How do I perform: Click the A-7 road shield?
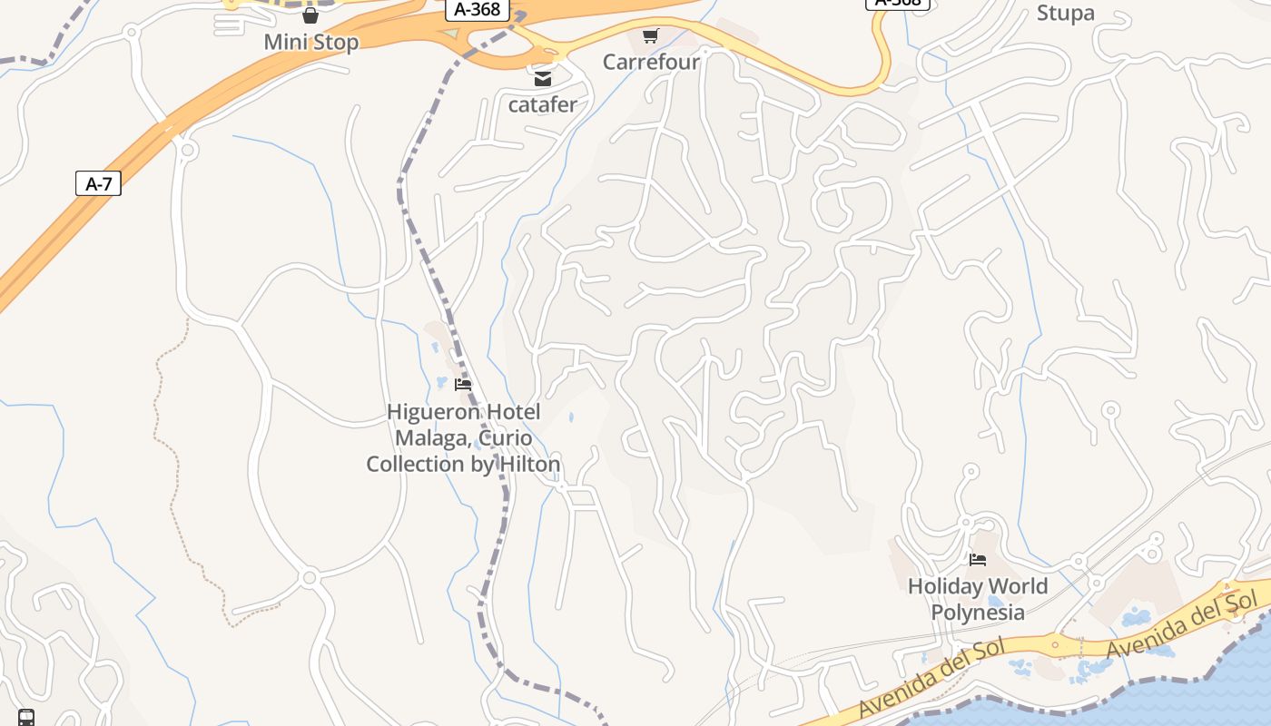point(98,184)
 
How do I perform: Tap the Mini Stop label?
point(310,42)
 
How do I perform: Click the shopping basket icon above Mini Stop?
point(310,15)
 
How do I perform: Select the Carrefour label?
point(651,62)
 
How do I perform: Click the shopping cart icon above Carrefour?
point(650,36)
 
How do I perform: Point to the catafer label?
point(542,104)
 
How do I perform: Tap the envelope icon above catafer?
point(542,79)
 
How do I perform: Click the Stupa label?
point(1065,13)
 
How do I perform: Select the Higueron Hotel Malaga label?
point(463,437)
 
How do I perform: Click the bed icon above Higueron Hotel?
point(463,385)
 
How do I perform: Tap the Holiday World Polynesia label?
point(978,599)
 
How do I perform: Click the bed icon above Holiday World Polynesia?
point(978,560)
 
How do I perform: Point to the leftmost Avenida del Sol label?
point(931,678)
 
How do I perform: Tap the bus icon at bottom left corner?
point(26,717)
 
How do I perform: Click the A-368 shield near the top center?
point(477,9)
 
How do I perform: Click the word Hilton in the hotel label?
point(527,464)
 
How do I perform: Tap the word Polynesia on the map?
point(978,612)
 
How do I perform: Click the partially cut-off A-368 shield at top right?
point(898,4)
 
